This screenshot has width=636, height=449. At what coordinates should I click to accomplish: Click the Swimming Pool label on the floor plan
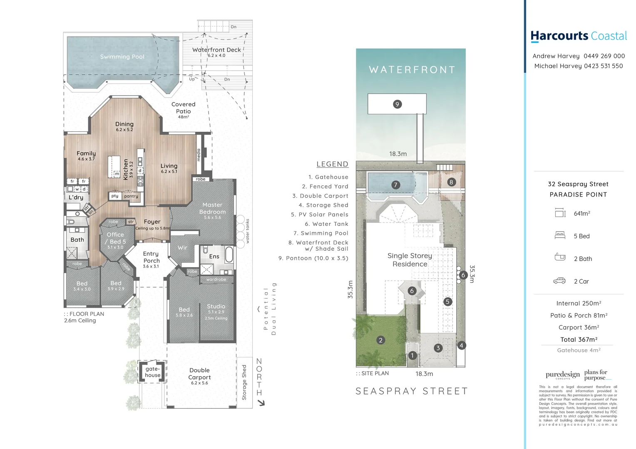pos(122,57)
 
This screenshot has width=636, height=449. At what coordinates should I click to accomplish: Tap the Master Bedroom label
pos(212,208)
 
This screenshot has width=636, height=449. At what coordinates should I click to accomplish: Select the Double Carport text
pos(199,374)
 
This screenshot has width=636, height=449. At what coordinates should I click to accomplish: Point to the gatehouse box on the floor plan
pos(152,372)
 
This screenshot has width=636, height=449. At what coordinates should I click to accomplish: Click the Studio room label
pos(216,306)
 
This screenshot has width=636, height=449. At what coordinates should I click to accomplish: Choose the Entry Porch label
pos(151,257)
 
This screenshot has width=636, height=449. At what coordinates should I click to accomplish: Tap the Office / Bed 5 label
pos(115,238)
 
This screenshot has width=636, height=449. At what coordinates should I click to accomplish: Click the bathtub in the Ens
pos(229,254)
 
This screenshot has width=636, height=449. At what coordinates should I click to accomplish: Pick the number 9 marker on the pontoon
pos(397,104)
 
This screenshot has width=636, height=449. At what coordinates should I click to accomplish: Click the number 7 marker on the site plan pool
pos(395,185)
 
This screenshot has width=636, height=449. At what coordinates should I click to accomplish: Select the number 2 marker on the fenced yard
pos(380,340)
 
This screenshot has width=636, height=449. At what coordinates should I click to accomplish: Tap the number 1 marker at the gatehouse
pos(412,355)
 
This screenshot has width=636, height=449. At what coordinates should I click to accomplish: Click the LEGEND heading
pos(332,164)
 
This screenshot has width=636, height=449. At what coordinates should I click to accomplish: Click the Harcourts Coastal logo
pos(579,37)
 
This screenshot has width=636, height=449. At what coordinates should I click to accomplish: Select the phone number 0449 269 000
pos(604,56)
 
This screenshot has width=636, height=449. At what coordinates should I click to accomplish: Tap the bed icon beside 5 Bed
pos(560,236)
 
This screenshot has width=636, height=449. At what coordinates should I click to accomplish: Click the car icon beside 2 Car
pos(559,281)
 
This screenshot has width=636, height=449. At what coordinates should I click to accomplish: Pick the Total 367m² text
pos(579,340)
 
